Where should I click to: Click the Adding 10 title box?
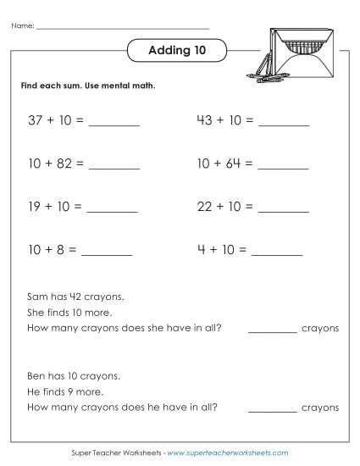pyautogui.click(x=177, y=51)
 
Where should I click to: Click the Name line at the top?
pyautogui.click(x=123, y=27)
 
